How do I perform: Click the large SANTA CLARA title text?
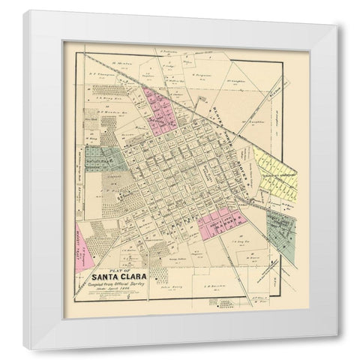click(115, 282)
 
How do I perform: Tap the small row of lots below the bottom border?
click(229, 301)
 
